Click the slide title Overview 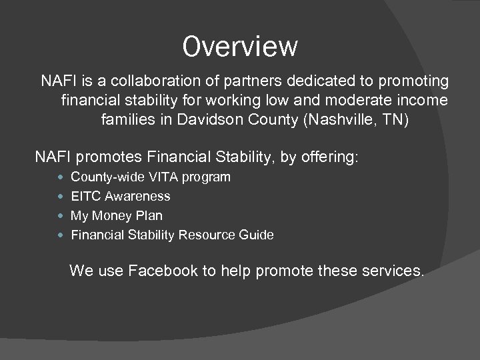click(x=240, y=47)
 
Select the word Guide click(x=256, y=235)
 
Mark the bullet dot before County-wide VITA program click(x=62, y=177)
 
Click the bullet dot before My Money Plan click(x=62, y=216)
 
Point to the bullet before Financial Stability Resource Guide click(x=62, y=235)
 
